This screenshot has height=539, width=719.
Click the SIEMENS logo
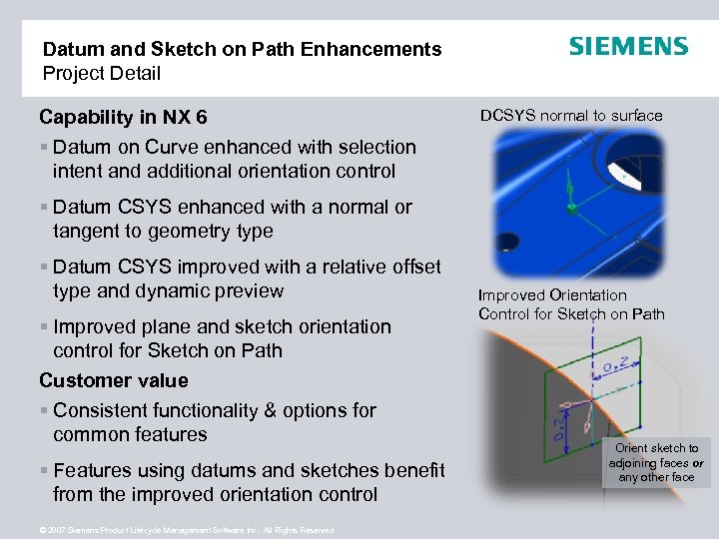[x=628, y=47]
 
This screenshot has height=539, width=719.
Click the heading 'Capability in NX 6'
[x=123, y=118]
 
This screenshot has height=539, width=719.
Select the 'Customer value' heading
[x=114, y=380]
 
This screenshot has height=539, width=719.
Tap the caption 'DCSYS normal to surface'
[x=571, y=116]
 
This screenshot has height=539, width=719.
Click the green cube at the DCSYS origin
[x=571, y=209]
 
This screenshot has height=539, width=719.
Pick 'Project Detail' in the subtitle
[x=101, y=73]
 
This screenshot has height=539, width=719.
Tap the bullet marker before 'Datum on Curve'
[x=45, y=148]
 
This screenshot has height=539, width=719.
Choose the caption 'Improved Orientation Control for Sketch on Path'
[x=571, y=304]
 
